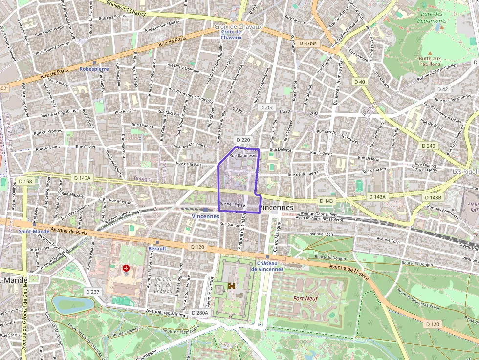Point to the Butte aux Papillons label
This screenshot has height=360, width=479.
[x=430, y=61]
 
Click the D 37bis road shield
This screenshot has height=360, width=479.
[x=307, y=43]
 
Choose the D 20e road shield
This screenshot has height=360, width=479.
[x=267, y=107]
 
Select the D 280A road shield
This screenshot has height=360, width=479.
[x=199, y=313]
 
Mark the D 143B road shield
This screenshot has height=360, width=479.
[x=433, y=197]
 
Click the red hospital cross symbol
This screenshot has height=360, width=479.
[x=127, y=268]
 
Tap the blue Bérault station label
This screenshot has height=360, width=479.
[x=157, y=249]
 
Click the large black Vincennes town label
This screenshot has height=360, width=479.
[x=276, y=208]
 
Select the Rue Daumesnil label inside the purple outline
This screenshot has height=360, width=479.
[x=243, y=156]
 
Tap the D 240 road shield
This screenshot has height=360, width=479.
[x=428, y=146]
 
